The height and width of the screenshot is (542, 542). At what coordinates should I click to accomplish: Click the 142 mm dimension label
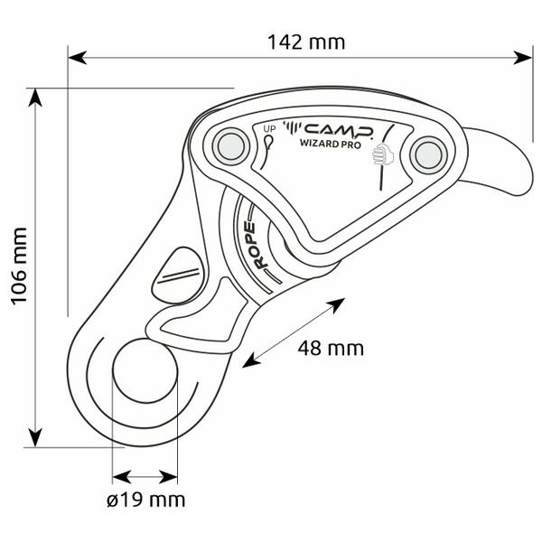tap(306, 42)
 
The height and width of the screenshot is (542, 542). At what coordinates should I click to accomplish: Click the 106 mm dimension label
tap(19, 266)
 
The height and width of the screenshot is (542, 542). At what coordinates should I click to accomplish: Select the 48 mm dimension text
tap(331, 348)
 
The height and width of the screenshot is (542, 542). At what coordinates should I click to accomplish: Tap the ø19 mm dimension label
tap(145, 500)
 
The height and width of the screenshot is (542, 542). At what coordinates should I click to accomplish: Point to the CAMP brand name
tap(339, 129)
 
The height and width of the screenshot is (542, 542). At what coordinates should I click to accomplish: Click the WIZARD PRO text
tap(330, 143)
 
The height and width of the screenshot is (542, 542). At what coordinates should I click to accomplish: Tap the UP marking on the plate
tap(269, 129)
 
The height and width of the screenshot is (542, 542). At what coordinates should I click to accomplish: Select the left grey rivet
tap(231, 147)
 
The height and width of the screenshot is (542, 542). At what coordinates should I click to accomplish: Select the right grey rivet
tap(428, 155)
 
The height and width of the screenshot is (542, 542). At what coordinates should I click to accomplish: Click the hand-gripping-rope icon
tap(383, 154)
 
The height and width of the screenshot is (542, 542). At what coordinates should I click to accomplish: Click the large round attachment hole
tap(145, 371)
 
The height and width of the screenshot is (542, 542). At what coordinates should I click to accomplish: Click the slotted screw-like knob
tap(177, 276)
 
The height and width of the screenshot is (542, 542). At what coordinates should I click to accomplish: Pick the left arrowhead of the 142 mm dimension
tap(77, 58)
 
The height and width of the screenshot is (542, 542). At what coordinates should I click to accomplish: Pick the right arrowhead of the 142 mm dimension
tap(523, 58)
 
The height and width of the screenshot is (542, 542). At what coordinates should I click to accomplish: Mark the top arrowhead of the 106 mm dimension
tap(35, 98)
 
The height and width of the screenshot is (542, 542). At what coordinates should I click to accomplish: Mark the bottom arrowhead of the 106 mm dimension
tap(35, 437)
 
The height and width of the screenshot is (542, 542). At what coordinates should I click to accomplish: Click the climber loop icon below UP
tap(267, 152)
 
